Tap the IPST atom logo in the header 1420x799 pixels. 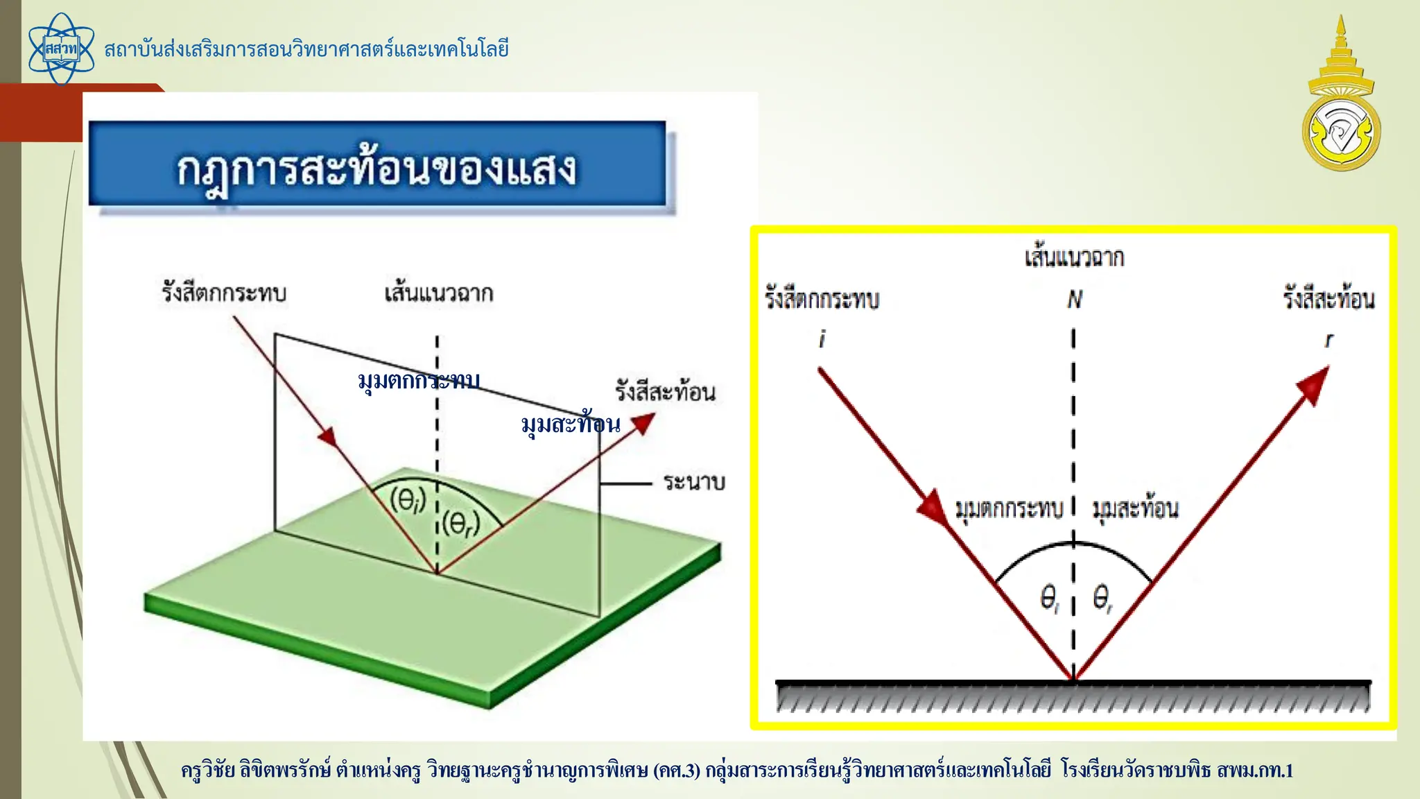61,49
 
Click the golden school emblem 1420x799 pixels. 1341,97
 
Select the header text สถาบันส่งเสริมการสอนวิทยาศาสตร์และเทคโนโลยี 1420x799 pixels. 306,49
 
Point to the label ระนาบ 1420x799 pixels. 693,482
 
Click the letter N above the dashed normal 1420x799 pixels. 1074,300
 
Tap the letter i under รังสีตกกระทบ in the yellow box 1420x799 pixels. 822,339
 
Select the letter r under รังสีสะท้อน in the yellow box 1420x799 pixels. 1328,340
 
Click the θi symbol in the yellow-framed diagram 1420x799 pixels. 1050,598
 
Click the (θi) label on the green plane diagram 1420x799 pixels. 408,500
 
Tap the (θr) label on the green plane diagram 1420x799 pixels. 460,523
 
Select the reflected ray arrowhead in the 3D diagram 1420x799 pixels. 643,422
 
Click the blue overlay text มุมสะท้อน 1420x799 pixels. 571,424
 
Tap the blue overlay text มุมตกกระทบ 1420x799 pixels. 419,381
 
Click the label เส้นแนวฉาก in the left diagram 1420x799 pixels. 439,293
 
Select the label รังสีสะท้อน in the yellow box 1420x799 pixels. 1328,299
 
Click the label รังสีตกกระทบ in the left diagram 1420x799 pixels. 224,293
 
